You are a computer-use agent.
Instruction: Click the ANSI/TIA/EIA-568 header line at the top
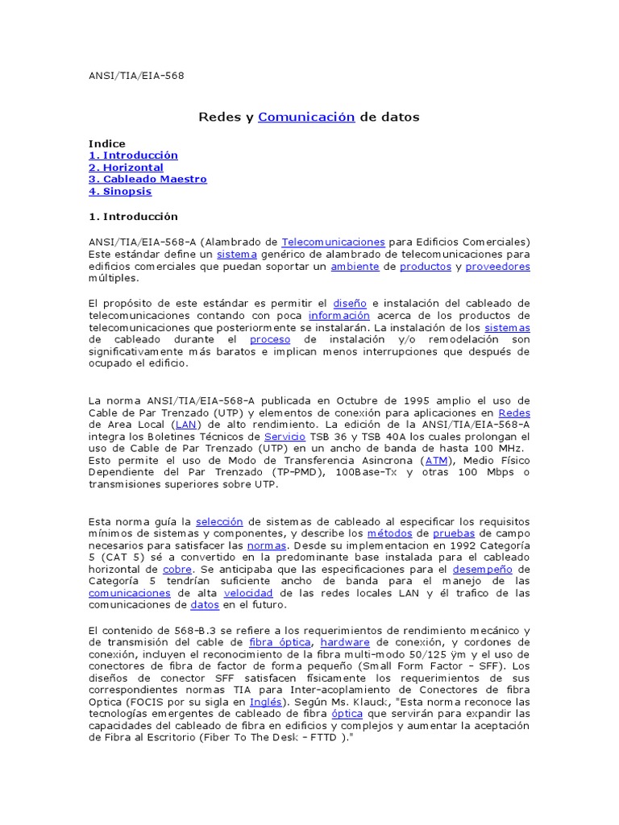tap(136, 76)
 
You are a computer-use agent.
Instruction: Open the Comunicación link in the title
tap(306, 118)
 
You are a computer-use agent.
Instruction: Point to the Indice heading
tap(106, 143)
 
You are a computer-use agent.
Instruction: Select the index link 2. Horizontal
tap(126, 168)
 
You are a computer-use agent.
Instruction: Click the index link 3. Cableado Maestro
tap(147, 180)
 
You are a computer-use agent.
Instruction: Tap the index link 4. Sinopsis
tap(120, 192)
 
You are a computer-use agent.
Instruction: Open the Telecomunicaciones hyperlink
tap(333, 242)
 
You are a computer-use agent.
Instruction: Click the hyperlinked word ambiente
tap(355, 266)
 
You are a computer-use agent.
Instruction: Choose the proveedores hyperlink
tap(497, 266)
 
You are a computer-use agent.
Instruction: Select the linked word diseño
tap(350, 303)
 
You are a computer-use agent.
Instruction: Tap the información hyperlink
tap(339, 316)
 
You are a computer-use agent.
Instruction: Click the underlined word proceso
tap(270, 340)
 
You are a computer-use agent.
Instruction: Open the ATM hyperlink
tap(436, 460)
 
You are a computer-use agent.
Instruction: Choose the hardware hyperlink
tap(345, 642)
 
